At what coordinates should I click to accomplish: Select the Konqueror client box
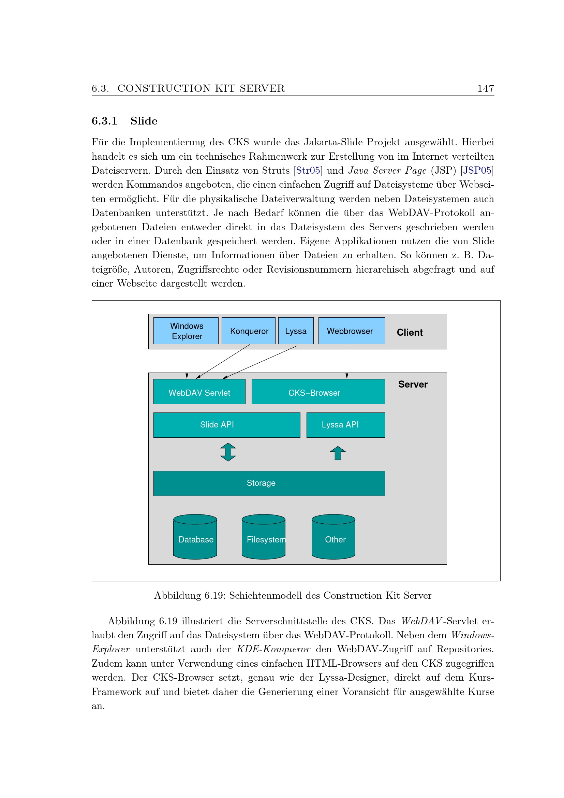[248, 331]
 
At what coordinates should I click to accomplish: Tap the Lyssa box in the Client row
[296, 331]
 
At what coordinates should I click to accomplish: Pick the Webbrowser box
[352, 331]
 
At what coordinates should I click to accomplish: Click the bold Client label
[410, 332]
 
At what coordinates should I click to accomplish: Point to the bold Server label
[413, 384]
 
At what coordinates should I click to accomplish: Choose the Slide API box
[226, 425]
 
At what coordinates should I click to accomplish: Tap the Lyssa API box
[345, 425]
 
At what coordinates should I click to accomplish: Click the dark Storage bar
[269, 483]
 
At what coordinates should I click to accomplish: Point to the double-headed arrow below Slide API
[228, 452]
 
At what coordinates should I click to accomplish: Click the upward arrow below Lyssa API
[338, 453]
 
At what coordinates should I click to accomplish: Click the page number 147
[486, 88]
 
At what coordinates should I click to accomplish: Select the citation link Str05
[308, 170]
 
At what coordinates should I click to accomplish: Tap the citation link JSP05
[477, 170]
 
